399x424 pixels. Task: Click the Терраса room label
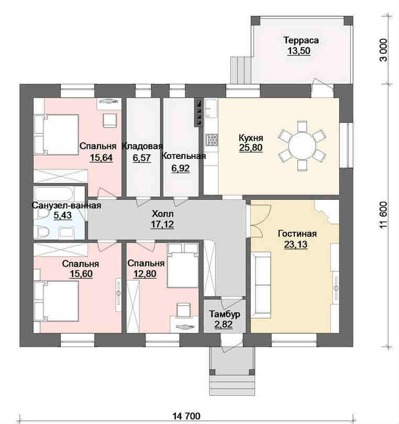point(301,40)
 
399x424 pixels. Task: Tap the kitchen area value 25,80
point(251,147)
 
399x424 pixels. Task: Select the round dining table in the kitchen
point(302,146)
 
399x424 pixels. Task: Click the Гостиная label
point(297,233)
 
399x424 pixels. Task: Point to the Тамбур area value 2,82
point(224,324)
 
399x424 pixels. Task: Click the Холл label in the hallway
point(162,214)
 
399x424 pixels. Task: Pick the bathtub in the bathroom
point(54,194)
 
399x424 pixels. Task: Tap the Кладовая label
point(142,146)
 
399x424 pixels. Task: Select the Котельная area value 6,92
point(181,168)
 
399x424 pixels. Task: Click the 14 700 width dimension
point(186,416)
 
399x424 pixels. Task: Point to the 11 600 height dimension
point(384,215)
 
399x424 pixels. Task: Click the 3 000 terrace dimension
point(384,50)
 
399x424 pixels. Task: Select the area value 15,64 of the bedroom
point(101,158)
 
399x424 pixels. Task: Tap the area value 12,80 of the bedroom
point(145,273)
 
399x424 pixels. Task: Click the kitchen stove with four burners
point(212,139)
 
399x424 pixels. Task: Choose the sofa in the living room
point(261,285)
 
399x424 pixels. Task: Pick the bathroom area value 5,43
point(62,215)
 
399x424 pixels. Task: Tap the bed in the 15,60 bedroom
point(57,301)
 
